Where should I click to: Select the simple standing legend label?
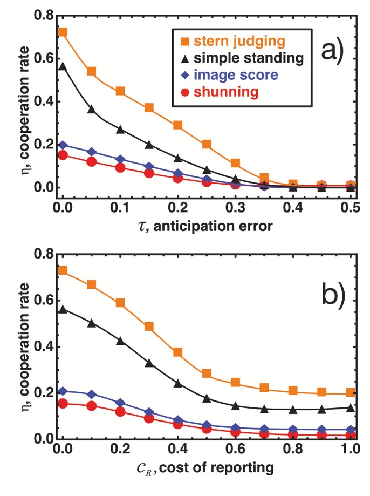pos(242,57)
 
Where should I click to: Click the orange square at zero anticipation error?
pos(63,32)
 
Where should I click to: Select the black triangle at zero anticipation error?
pos(63,66)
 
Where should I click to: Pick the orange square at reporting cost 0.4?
pos(178,352)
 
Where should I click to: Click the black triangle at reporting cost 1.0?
pos(351,407)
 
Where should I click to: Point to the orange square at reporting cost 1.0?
pos(351,392)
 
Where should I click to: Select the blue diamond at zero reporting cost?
pos(63,391)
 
